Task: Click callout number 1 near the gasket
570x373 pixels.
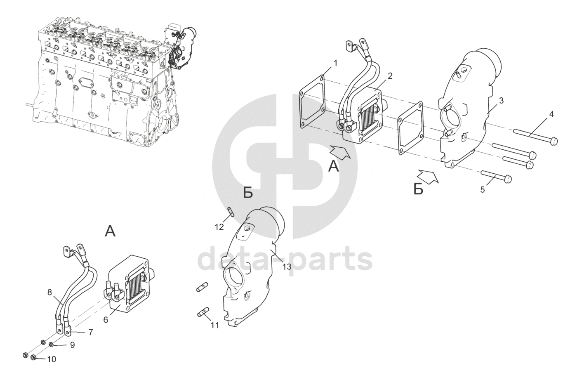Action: click(335, 63)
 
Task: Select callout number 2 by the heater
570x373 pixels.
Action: click(390, 76)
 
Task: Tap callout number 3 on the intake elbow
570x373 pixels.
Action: click(501, 101)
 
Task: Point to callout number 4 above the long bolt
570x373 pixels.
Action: click(551, 114)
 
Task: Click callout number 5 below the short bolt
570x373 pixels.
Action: click(483, 190)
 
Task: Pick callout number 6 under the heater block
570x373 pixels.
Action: click(106, 320)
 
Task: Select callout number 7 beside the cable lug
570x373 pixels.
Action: click(91, 332)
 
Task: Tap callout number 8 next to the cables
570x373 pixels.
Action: click(49, 292)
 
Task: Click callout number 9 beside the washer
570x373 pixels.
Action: click(72, 345)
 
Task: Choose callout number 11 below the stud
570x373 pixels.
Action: click(215, 325)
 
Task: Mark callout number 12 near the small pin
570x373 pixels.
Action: click(219, 227)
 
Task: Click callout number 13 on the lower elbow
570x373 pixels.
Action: click(287, 267)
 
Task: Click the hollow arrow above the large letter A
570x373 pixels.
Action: click(340, 152)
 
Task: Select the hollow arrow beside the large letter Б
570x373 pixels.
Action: click(428, 177)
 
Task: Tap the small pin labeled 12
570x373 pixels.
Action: click(231, 212)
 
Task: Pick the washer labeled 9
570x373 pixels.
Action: click(51, 345)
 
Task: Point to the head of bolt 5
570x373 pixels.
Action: click(508, 179)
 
